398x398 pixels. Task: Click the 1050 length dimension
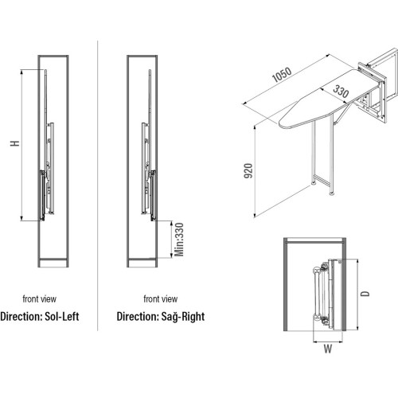coord(282,74)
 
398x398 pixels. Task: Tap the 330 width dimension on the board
coord(341,91)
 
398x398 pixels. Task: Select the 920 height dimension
coord(248,170)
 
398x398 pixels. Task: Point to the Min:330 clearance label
coord(179,240)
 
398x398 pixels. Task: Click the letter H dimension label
coord(15,143)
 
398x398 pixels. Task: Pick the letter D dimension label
coord(365,294)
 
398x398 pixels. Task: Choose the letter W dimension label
coord(328,349)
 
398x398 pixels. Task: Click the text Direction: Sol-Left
coord(40,316)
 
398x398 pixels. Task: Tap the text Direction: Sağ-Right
coord(161,317)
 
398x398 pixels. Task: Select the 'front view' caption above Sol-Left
coord(39,299)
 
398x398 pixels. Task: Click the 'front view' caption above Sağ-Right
coord(161,299)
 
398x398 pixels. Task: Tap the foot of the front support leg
coord(314,182)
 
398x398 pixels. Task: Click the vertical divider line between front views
coord(98,185)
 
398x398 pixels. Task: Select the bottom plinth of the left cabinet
coord(53,263)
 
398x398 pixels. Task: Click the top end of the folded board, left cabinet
coord(45,71)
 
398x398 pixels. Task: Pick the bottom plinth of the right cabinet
coord(142,263)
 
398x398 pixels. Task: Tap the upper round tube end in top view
coord(317,271)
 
